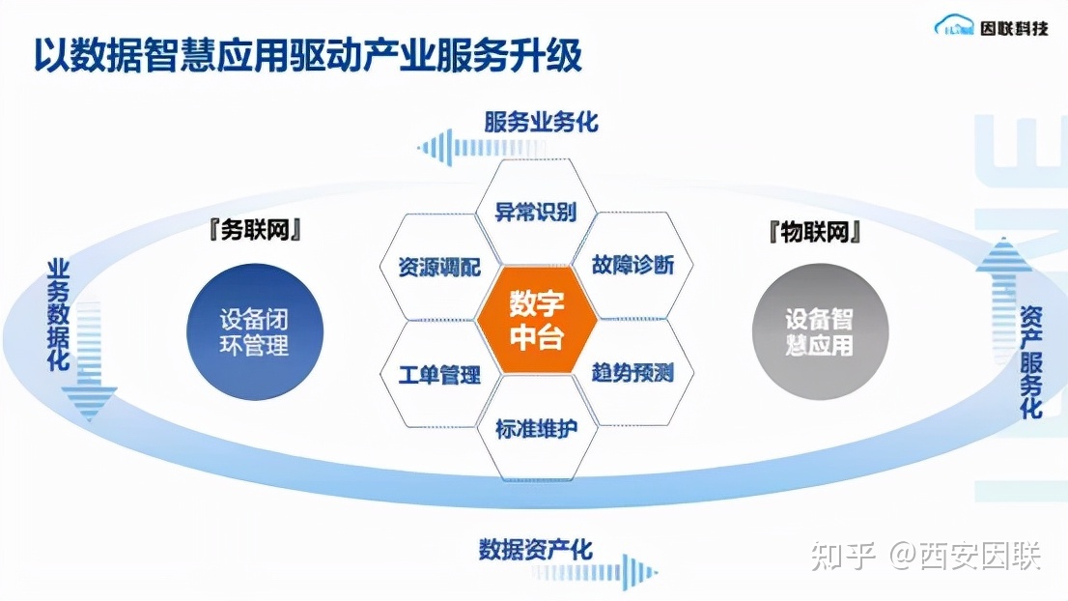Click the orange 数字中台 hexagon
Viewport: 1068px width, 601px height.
(536, 320)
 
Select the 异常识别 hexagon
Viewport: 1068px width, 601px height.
(536, 212)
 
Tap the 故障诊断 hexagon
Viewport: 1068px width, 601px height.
(632, 266)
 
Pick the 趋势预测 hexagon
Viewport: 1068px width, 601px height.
(632, 373)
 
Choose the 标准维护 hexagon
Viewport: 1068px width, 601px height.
(536, 428)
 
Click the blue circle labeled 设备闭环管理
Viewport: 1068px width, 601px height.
(254, 332)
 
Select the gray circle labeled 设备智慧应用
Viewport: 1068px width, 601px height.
(819, 331)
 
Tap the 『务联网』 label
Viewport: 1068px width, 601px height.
(254, 232)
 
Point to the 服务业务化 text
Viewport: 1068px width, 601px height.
(541, 122)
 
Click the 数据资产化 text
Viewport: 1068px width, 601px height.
(535, 550)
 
